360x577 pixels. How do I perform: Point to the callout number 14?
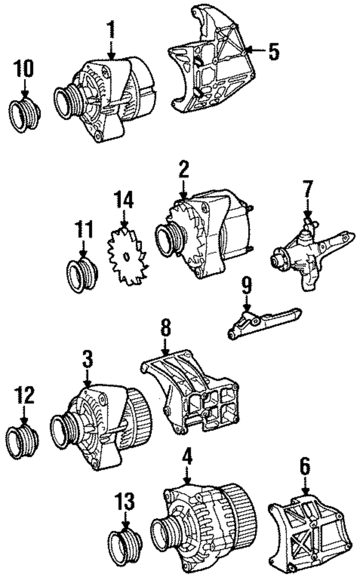125,201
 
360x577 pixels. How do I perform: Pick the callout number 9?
245,287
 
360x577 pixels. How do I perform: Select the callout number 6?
304,466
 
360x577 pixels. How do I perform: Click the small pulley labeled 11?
82,276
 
